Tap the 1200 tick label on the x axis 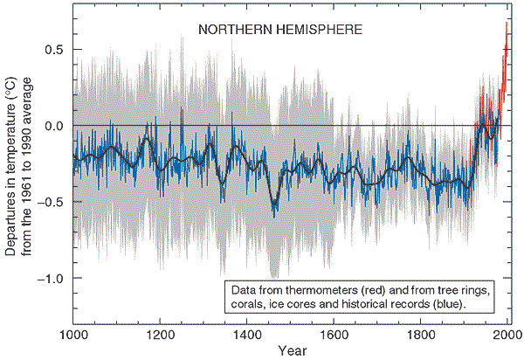pos(160,335)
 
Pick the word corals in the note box pos(248,303)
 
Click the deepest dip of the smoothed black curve pos(274,204)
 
